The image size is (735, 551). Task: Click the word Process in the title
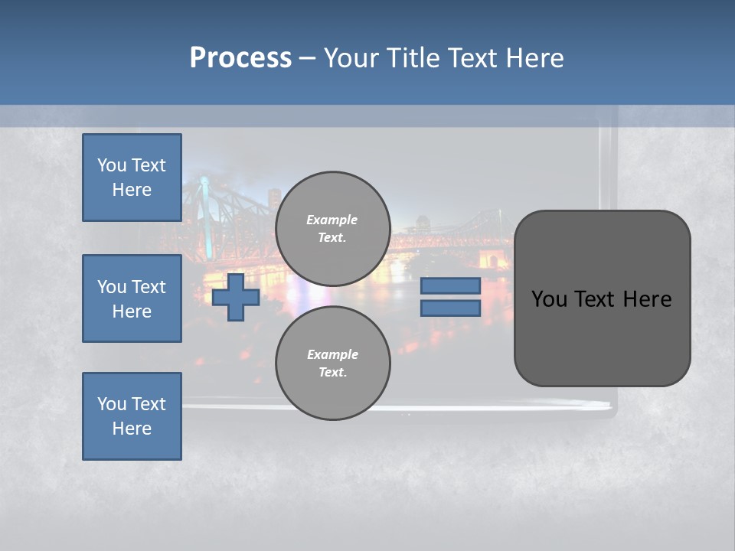point(240,57)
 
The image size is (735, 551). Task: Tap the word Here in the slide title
point(535,57)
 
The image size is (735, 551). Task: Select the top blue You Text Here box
point(132,178)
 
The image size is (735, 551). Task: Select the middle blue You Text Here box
point(132,298)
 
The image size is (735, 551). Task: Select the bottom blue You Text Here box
point(132,416)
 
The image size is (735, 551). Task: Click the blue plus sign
point(236,297)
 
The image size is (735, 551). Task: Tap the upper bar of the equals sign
point(450,285)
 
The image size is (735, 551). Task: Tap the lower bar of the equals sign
point(450,308)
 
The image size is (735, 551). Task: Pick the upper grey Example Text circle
point(333,228)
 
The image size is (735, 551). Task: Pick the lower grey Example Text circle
point(333,363)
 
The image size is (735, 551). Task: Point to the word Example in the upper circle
point(332,220)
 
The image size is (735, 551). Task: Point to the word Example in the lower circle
point(332,354)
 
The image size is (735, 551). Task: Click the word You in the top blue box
point(112,165)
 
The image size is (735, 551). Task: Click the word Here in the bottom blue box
point(132,429)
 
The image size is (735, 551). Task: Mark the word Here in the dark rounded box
point(647,299)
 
